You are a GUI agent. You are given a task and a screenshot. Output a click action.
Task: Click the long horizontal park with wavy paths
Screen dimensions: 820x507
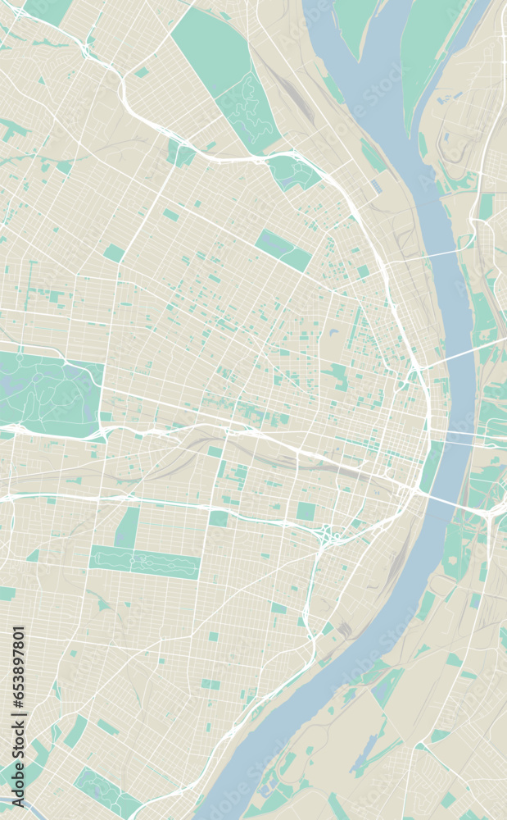[144, 562]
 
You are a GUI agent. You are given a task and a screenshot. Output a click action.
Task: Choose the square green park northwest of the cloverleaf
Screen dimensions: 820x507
[306, 512]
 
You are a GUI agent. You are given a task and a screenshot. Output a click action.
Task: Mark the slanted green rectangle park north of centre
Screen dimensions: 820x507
[283, 249]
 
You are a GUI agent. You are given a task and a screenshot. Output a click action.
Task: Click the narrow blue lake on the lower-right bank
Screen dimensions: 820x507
[365, 754]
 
